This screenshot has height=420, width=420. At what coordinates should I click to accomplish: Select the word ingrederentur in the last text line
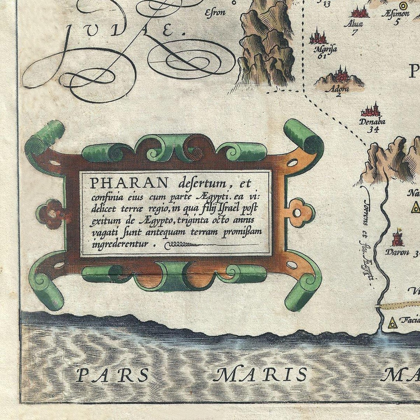(120, 244)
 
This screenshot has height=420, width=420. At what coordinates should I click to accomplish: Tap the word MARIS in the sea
(260, 375)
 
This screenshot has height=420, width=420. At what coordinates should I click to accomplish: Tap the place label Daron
(397, 252)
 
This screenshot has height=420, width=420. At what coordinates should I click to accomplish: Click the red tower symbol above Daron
(397, 238)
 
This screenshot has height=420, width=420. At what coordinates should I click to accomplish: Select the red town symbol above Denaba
(370, 110)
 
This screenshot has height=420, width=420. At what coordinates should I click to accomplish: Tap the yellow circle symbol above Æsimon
(403, 5)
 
